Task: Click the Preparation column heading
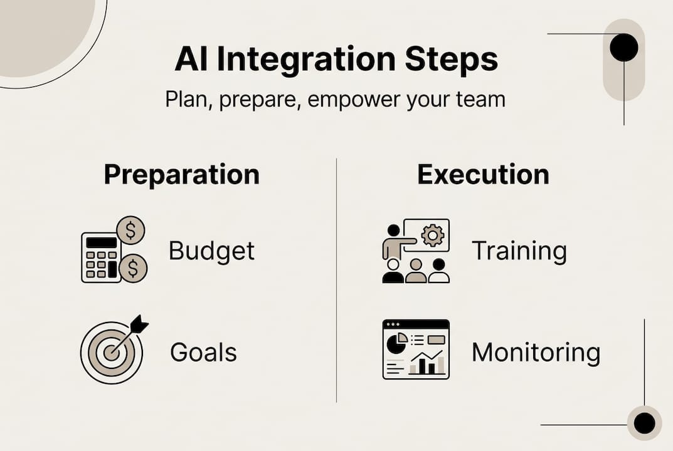click(x=181, y=174)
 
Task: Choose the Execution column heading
click(x=483, y=174)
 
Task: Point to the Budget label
click(x=212, y=251)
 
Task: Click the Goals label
click(x=203, y=352)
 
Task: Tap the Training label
click(x=519, y=251)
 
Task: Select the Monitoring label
click(x=536, y=352)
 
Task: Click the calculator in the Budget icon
click(x=100, y=257)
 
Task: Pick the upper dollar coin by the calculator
click(x=130, y=231)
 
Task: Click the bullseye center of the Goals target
click(x=111, y=353)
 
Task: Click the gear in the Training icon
click(x=432, y=235)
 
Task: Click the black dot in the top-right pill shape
click(x=623, y=48)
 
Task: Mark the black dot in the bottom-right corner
click(x=644, y=423)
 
